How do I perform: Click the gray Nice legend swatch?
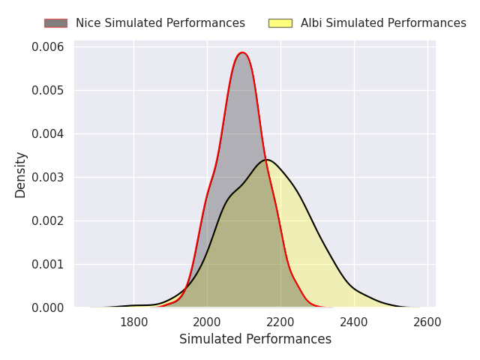click(55, 23)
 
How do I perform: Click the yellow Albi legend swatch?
click(280, 23)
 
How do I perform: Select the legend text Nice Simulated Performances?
click(160, 23)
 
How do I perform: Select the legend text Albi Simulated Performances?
click(383, 23)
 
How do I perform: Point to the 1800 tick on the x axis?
click(133, 322)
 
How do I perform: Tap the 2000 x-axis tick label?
click(207, 322)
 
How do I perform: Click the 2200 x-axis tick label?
click(280, 322)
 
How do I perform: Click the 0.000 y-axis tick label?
click(48, 307)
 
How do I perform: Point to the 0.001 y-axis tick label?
click(48, 264)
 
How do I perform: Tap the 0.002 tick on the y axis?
click(48, 220)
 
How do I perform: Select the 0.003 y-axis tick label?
click(48, 178)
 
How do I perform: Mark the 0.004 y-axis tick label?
click(48, 134)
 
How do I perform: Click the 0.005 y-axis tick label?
click(48, 91)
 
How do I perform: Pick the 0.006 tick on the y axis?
click(48, 47)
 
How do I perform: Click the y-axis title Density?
click(21, 175)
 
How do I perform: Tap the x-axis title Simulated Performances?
click(255, 340)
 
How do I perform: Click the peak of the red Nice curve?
click(241, 52)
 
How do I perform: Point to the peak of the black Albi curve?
click(267, 160)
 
